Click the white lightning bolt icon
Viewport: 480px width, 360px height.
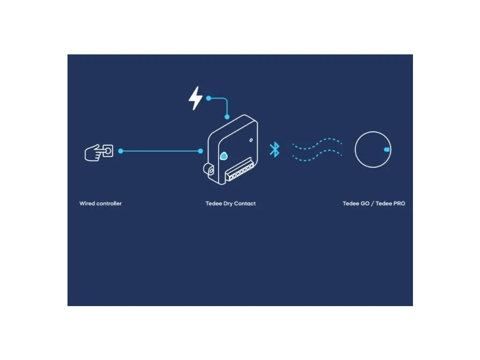pyautogui.click(x=195, y=98)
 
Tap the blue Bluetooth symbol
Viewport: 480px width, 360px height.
pyautogui.click(x=274, y=150)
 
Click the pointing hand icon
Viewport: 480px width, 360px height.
pyautogui.click(x=96, y=152)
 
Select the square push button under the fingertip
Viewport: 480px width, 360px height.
pyautogui.click(x=108, y=151)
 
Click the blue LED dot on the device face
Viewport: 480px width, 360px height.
pyautogui.click(x=224, y=156)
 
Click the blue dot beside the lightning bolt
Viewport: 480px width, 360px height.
pyautogui.click(x=209, y=98)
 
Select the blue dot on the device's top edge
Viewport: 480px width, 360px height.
pyautogui.click(x=227, y=117)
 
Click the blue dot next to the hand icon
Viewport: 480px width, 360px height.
pyautogui.click(x=120, y=151)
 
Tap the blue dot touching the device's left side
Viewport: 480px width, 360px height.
pyautogui.click(x=201, y=151)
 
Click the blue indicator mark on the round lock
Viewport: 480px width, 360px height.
pyautogui.click(x=387, y=150)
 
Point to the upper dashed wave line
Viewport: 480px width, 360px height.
pyautogui.click(x=317, y=142)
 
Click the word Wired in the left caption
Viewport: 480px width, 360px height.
pyautogui.click(x=87, y=203)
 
